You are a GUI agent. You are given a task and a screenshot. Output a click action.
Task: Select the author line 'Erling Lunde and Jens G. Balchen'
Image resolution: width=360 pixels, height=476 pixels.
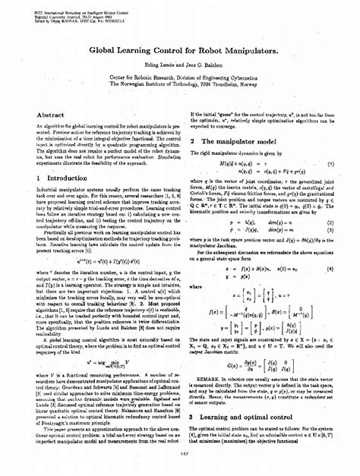[x=180, y=66]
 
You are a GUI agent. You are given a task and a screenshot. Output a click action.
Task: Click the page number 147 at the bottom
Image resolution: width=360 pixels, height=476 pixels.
[x=179, y=454]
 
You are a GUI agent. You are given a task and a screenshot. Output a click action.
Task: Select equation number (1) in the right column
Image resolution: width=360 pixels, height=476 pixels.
[x=331, y=162]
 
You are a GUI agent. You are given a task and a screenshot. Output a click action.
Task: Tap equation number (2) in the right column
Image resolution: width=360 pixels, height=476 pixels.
[x=331, y=222]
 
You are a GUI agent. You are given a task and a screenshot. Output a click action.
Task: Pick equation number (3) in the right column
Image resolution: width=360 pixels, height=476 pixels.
[x=331, y=229]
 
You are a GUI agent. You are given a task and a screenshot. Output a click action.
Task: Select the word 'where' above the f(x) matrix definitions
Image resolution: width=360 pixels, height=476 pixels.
[x=197, y=287]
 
